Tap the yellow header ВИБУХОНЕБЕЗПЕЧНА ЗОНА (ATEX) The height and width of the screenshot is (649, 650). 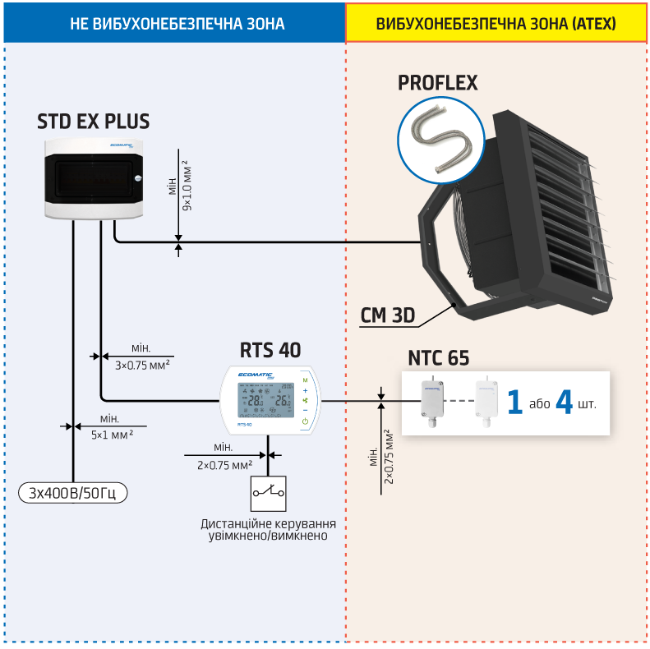pyautogui.click(x=496, y=23)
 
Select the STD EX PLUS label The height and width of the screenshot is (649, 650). pyautogui.click(x=94, y=122)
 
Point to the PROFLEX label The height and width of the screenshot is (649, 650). pyautogui.click(x=437, y=83)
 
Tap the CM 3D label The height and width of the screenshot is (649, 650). pyautogui.click(x=388, y=315)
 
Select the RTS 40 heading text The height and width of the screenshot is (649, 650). pyautogui.click(x=270, y=350)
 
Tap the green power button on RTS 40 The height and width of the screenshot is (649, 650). pyautogui.click(x=305, y=421)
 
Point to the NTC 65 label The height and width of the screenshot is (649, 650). pyautogui.click(x=438, y=358)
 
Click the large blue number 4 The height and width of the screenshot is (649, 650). pyautogui.click(x=565, y=403)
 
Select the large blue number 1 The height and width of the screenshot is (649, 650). pyautogui.click(x=514, y=403)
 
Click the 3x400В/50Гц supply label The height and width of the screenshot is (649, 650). pyautogui.click(x=73, y=493)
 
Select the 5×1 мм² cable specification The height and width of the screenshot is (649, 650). pyautogui.click(x=112, y=434)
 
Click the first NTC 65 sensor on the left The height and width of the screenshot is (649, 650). pyautogui.click(x=431, y=401)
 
